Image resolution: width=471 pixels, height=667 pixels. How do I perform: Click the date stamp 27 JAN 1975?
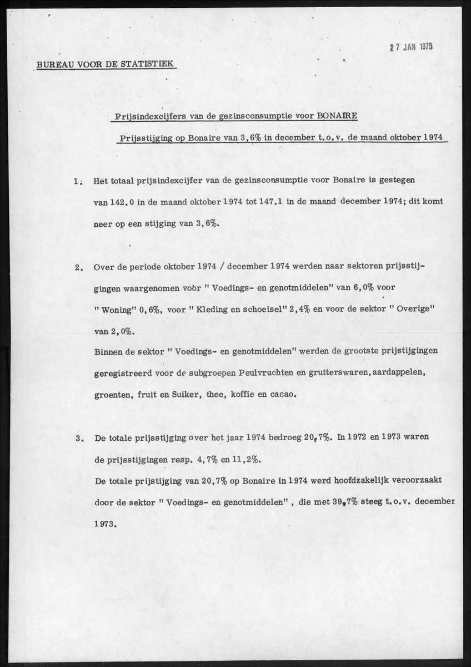pos(410,47)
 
